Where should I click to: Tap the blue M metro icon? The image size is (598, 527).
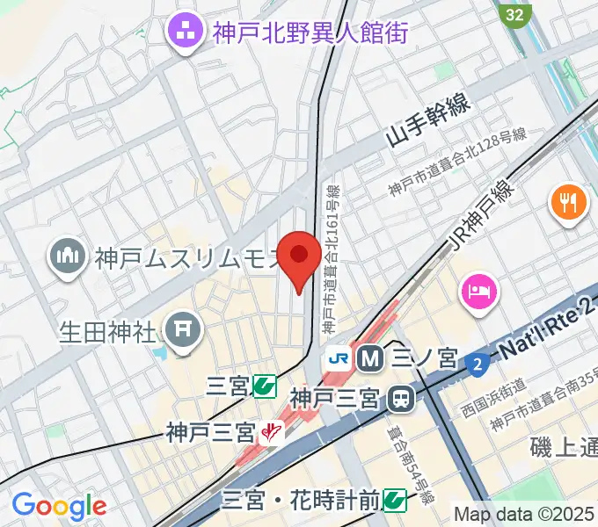point(368,358)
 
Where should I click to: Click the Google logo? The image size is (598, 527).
point(58,506)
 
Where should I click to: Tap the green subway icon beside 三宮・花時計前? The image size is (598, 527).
point(395,502)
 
